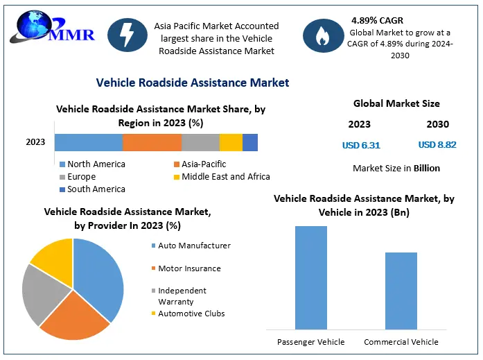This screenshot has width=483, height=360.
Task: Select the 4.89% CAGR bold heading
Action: [378, 20]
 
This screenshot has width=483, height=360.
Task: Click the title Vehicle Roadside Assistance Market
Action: [193, 83]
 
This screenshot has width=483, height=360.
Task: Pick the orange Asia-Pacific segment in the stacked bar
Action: [152, 142]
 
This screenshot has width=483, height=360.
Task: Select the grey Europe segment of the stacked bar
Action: [200, 142]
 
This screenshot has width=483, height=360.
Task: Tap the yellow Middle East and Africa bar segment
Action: [231, 142]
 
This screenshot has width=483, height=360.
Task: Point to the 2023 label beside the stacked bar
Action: [35, 142]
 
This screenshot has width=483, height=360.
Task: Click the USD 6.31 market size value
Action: [361, 146]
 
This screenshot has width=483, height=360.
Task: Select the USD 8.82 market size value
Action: [437, 146]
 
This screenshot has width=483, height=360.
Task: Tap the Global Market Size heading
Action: [396, 103]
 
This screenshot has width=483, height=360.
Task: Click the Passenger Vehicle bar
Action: [310, 277]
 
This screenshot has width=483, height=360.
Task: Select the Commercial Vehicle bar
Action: [401, 291]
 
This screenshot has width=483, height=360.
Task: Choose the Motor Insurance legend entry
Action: [188, 268]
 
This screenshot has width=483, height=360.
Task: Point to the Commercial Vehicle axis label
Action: [401, 342]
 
